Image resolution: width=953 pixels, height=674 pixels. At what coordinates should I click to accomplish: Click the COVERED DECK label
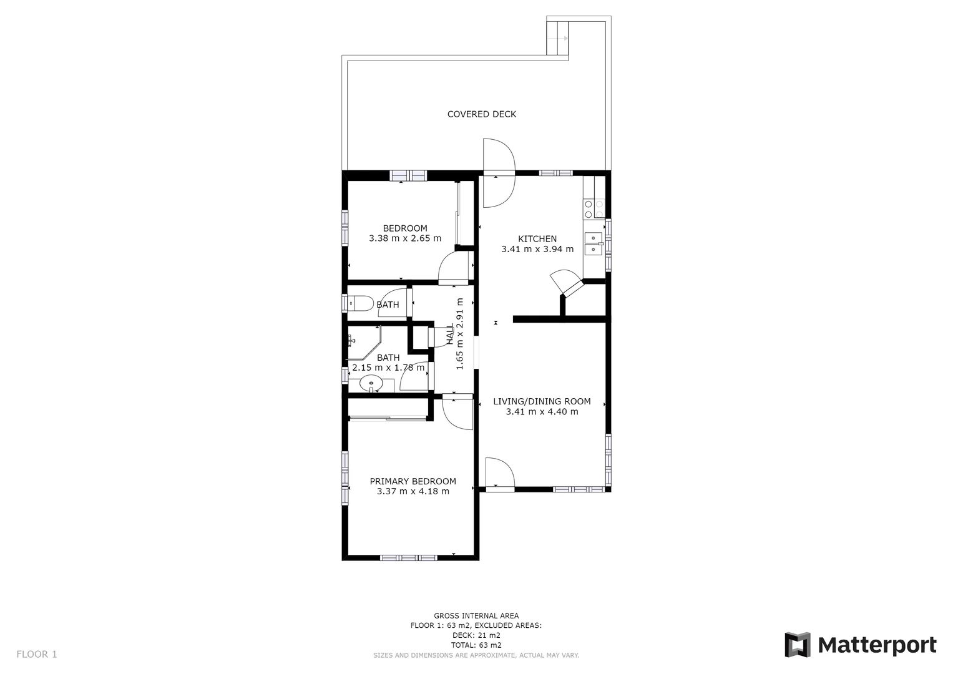pyautogui.click(x=481, y=114)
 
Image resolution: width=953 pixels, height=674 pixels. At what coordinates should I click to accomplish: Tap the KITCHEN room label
pyautogui.click(x=537, y=238)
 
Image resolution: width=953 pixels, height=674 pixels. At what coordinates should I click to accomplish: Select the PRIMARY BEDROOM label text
pyautogui.click(x=413, y=481)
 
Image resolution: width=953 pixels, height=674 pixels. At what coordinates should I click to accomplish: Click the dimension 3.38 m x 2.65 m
pyautogui.click(x=404, y=238)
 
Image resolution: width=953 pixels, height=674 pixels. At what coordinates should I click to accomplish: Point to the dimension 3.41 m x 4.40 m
pyautogui.click(x=542, y=412)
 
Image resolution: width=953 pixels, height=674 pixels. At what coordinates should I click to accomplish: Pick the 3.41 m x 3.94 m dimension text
pyautogui.click(x=537, y=249)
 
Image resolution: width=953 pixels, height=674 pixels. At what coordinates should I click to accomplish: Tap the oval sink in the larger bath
pyautogui.click(x=372, y=383)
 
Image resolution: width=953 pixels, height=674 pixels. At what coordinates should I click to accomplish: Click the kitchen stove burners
pyautogui.click(x=594, y=209)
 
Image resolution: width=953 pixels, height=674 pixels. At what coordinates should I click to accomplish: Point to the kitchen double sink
pyautogui.click(x=593, y=243)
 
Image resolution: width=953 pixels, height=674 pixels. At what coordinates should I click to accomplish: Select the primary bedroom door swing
pyautogui.click(x=457, y=412)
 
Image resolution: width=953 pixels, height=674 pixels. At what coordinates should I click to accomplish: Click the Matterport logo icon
pyautogui.click(x=797, y=645)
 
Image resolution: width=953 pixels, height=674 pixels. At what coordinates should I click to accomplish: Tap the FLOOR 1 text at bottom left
pyautogui.click(x=36, y=654)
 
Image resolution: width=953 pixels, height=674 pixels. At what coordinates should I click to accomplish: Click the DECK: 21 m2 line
pyautogui.click(x=476, y=635)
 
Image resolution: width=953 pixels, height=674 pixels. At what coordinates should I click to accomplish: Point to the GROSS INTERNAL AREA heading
pyautogui.click(x=476, y=616)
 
